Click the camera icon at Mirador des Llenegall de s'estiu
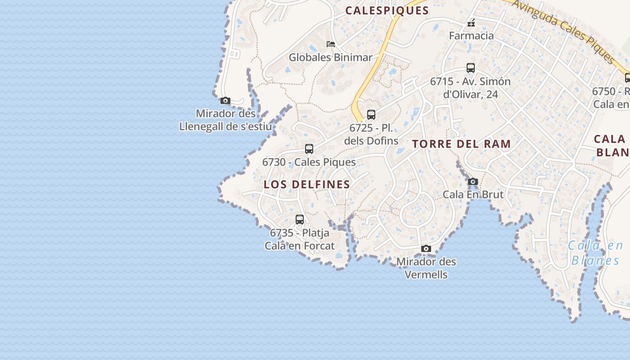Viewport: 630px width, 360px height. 225,101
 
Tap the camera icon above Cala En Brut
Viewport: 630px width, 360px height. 472,182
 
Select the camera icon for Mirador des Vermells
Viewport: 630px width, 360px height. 426,249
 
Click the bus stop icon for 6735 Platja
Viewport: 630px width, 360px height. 300,220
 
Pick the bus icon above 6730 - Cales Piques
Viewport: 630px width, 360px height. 309,149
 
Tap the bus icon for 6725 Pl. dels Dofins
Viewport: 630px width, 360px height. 371,115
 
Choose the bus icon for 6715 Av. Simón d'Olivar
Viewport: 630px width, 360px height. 471,68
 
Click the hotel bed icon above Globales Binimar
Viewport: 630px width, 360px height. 331,44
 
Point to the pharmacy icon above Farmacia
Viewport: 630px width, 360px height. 471,22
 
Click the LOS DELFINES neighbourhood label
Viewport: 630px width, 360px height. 307,184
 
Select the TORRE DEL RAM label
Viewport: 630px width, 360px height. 462,144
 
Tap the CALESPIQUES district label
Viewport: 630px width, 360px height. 387,11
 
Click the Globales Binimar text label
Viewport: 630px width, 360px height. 331,58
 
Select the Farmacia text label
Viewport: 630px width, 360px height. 471,36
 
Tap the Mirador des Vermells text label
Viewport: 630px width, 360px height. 426,268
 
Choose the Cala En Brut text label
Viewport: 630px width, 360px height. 473,194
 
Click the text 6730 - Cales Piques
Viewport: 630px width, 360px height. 309,162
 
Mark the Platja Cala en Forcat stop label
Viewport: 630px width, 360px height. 300,239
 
